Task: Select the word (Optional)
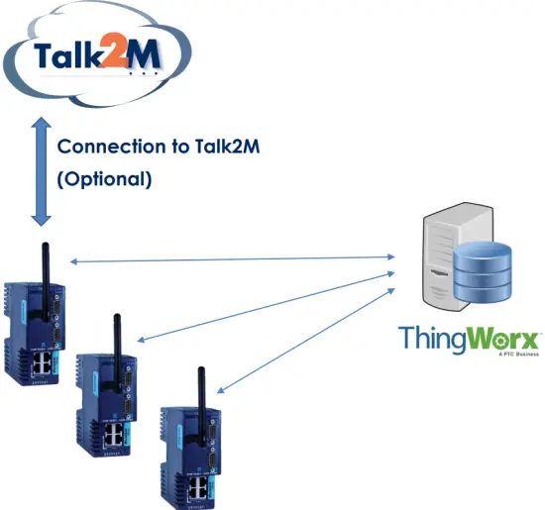pyautogui.click(x=104, y=180)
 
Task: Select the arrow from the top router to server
pyautogui.click(x=233, y=259)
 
